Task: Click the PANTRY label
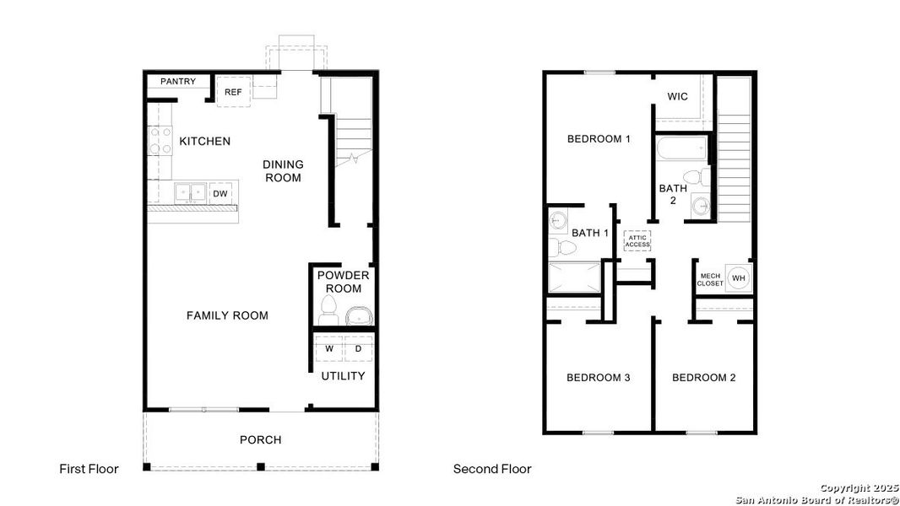coord(178,82)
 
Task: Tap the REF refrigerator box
coord(233,92)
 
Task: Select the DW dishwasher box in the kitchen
coord(220,194)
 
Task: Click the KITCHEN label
coord(204,141)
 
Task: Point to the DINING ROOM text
coord(283,171)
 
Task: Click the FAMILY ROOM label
coord(227,315)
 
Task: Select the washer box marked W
coord(329,348)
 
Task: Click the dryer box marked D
coord(358,348)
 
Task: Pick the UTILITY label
coord(343,376)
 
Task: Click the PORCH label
coord(260,439)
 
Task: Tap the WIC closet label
coord(677,96)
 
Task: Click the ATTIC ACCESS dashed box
coord(637,240)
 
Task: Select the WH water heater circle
coord(738,278)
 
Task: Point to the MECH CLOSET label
coord(709,280)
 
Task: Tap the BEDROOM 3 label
coord(598,377)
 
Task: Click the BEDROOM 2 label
coord(703,377)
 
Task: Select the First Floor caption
coord(89,469)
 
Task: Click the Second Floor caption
coord(492,469)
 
